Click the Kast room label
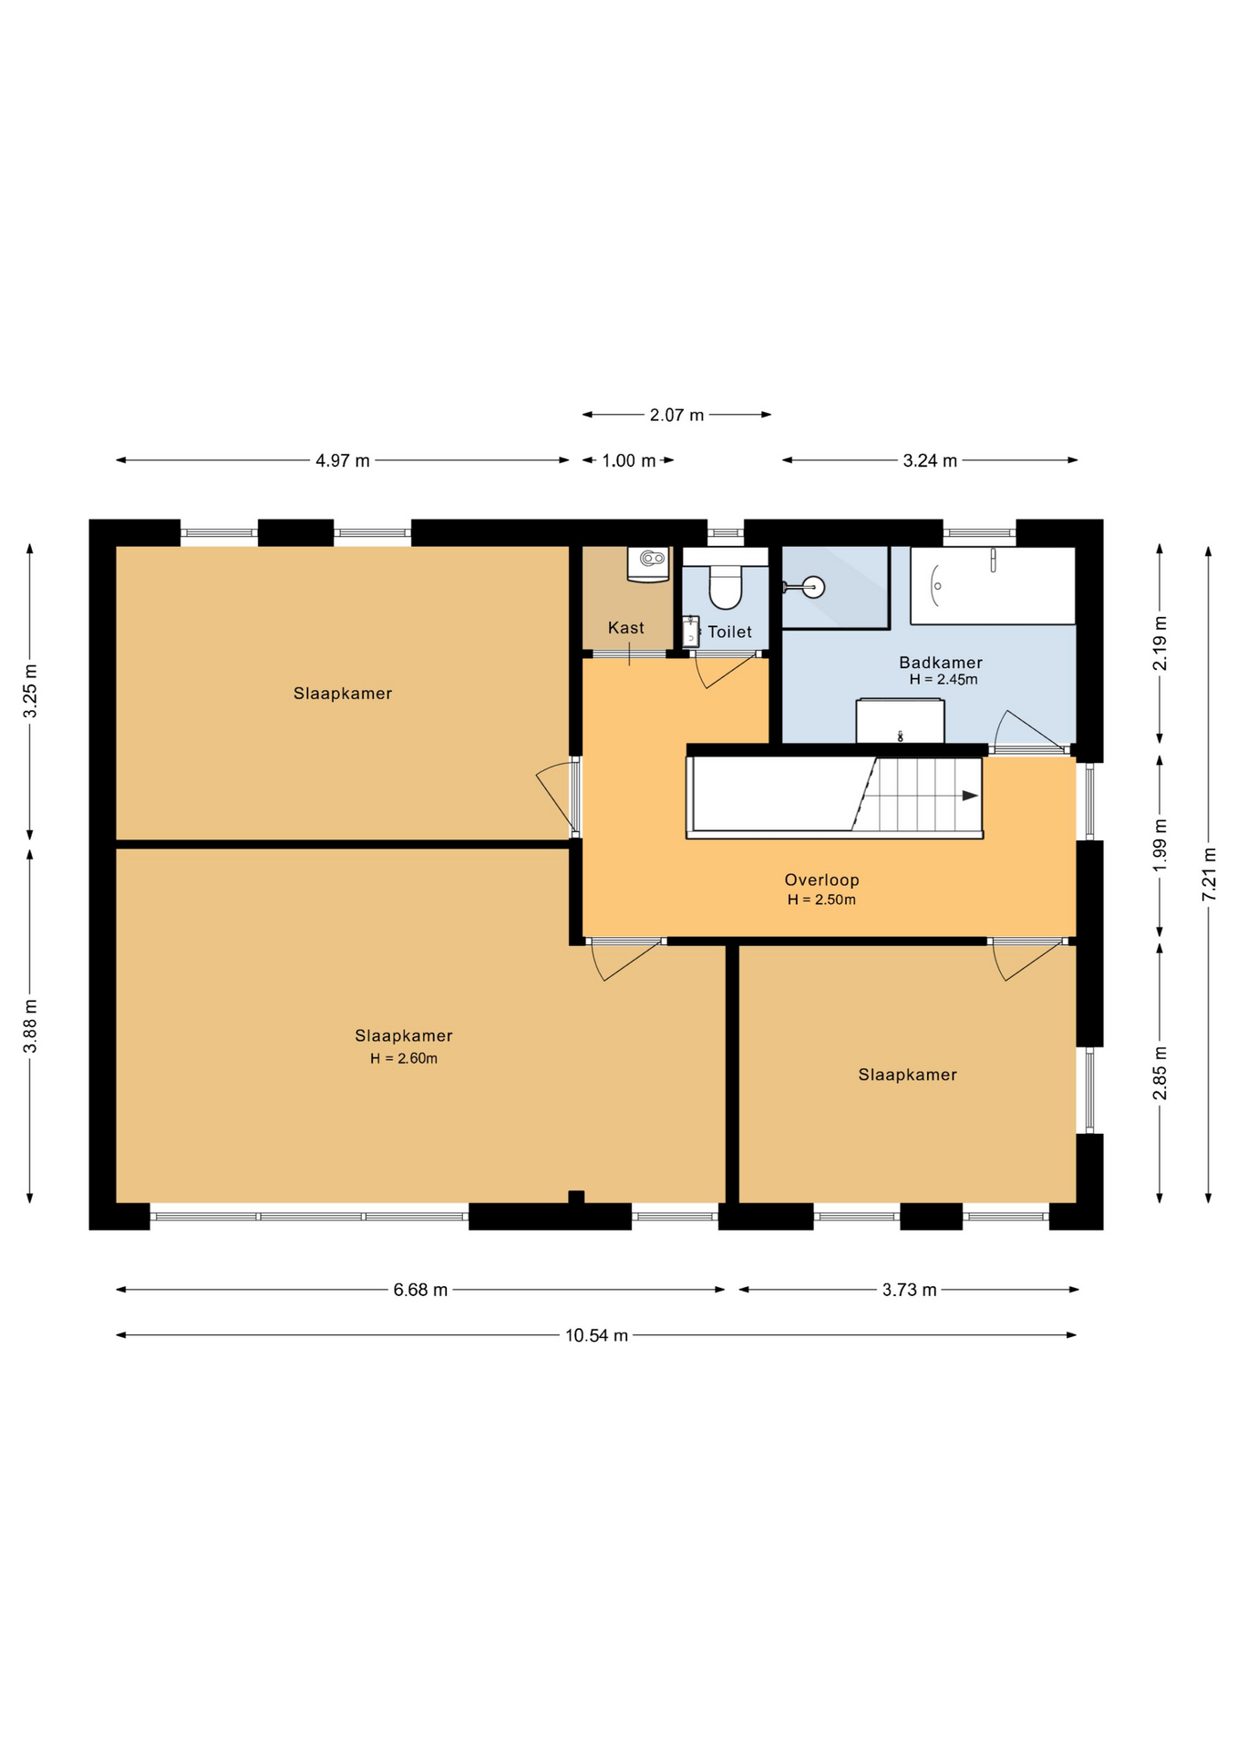[625, 628]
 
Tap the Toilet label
[729, 632]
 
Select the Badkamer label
[941, 663]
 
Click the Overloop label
[821, 880]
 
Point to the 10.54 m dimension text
[596, 1335]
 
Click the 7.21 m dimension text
[1209, 875]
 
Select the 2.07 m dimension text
[676, 415]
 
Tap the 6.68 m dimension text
[420, 1290]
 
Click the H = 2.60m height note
[404, 1058]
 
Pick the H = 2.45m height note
[944, 680]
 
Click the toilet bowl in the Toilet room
[726, 584]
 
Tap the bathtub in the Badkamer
[993, 586]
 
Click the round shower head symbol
[812, 587]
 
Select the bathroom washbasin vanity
[900, 721]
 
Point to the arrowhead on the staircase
[971, 796]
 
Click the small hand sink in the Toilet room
[691, 632]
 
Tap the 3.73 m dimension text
[909, 1290]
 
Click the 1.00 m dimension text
[629, 460]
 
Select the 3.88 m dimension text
[30, 1025]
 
